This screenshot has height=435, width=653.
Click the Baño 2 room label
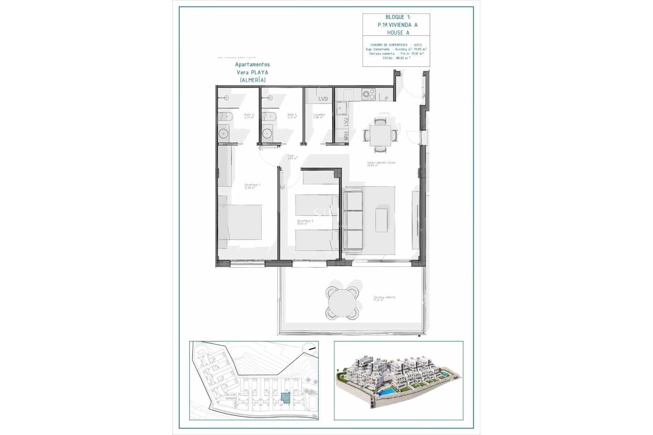tap(249, 116)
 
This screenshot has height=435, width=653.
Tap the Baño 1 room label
tap(292, 116)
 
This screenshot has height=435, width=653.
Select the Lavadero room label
tap(319, 116)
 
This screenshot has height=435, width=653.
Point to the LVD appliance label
tap(323, 99)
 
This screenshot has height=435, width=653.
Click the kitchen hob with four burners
tap(368, 94)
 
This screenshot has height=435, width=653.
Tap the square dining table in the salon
tap(380, 135)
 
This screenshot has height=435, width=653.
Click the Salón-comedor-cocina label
tap(381, 164)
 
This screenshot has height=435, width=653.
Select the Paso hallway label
tap(292, 157)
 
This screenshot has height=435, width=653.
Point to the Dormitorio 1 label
tap(252, 186)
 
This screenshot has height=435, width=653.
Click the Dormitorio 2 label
tap(305, 222)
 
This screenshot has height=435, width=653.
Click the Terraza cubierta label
tap(384, 298)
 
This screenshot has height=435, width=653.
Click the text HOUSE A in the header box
tap(398, 33)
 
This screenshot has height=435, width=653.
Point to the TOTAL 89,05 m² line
tap(396, 58)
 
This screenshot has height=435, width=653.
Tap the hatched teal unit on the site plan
tap(286, 398)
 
